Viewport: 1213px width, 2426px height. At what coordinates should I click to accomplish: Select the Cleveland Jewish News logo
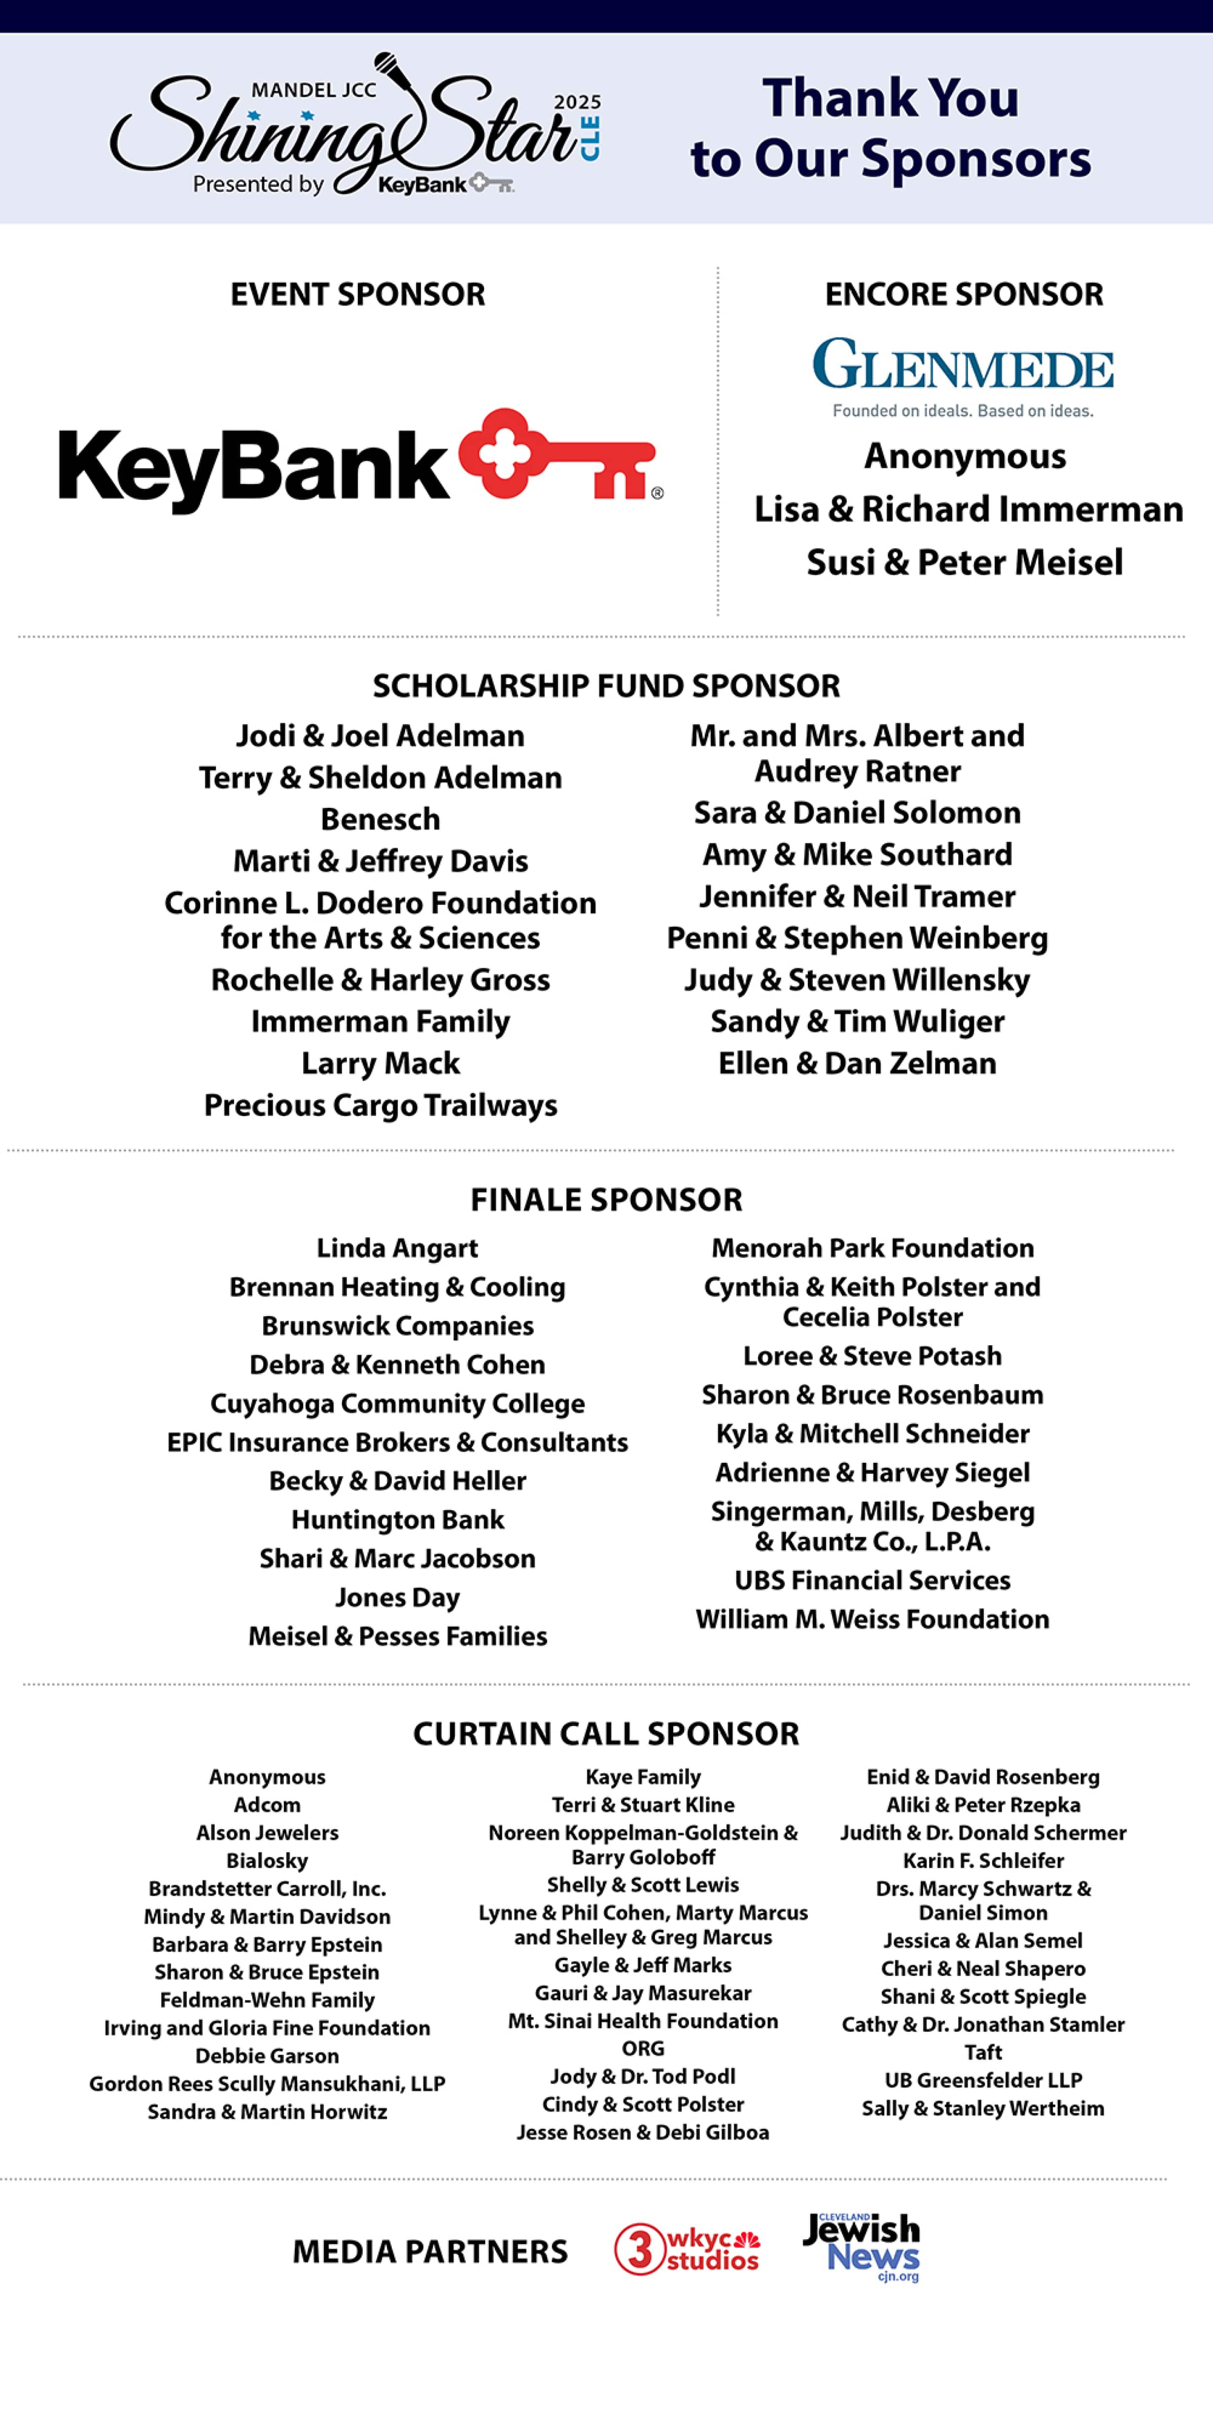(x=862, y=2245)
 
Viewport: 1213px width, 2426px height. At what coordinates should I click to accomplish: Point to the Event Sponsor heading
(x=358, y=295)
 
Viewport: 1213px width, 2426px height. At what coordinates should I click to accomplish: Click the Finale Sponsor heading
(x=606, y=1200)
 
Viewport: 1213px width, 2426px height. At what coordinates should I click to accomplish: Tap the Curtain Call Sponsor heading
(x=606, y=1734)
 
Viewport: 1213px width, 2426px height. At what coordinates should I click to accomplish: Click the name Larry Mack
(x=381, y=1063)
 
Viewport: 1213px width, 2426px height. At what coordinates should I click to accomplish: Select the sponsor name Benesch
(x=381, y=819)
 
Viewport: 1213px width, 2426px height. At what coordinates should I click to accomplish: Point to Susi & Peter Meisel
(x=965, y=562)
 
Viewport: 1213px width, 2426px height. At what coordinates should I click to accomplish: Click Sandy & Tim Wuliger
(x=857, y=1022)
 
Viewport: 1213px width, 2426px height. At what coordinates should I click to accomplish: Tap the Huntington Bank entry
(x=397, y=1520)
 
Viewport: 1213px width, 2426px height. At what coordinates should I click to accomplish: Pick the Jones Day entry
(x=397, y=1597)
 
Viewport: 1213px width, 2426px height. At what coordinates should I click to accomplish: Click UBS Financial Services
(x=872, y=1580)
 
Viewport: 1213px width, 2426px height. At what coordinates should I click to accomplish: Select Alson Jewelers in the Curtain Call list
(x=268, y=1833)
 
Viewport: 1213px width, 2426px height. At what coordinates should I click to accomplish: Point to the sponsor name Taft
(x=983, y=2052)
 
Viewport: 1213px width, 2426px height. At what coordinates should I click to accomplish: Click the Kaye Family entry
(x=643, y=1777)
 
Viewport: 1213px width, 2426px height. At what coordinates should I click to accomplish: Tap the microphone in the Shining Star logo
(x=388, y=68)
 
